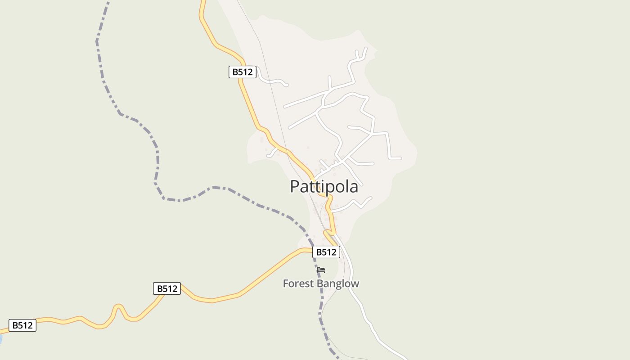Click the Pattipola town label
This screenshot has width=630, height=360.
pos(324,186)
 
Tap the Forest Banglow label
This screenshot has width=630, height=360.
pos(321,283)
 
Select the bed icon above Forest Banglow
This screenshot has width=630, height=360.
pos(321,270)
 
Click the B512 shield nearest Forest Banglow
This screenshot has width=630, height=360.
pos(326,252)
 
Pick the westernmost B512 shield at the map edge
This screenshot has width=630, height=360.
pos(22,325)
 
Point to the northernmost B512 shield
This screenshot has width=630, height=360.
pos(243,72)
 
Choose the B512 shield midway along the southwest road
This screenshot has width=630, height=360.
pos(167,288)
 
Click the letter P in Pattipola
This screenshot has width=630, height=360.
pos(295,186)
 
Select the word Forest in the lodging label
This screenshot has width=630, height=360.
pos(299,283)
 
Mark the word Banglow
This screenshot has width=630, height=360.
pos(338,283)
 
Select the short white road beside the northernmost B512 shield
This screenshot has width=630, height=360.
pos(272,81)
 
